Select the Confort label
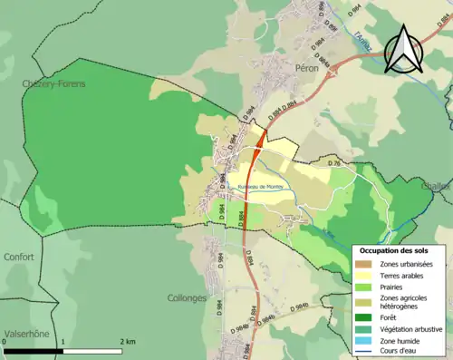18,257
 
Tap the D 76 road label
333,163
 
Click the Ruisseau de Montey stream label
261,186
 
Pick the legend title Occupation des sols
394,249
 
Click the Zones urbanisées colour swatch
365,264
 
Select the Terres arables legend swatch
365,276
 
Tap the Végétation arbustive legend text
411,329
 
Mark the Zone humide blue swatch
365,340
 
